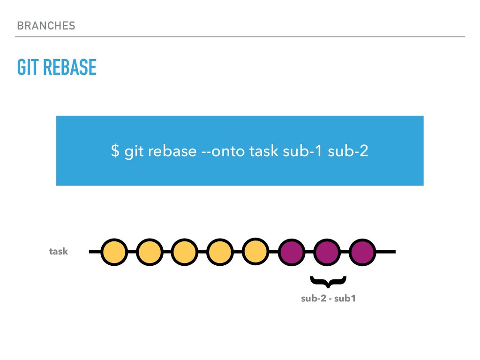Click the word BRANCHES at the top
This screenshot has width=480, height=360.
pyautogui.click(x=46, y=26)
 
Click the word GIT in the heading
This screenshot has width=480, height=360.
pyautogui.click(x=28, y=68)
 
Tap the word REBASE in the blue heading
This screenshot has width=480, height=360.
pyautogui.click(x=69, y=68)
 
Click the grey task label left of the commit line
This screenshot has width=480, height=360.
pyautogui.click(x=59, y=252)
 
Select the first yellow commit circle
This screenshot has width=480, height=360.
pyautogui.click(x=114, y=252)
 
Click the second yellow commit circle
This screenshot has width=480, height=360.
pyautogui.click(x=150, y=252)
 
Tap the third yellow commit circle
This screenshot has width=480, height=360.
pyautogui.click(x=185, y=252)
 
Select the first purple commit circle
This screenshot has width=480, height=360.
pyautogui.click(x=291, y=252)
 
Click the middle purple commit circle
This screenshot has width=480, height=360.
pyautogui.click(x=327, y=252)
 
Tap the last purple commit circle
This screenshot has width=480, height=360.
pyautogui.click(x=362, y=252)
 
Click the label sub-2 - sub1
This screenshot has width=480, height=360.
pyautogui.click(x=328, y=299)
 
